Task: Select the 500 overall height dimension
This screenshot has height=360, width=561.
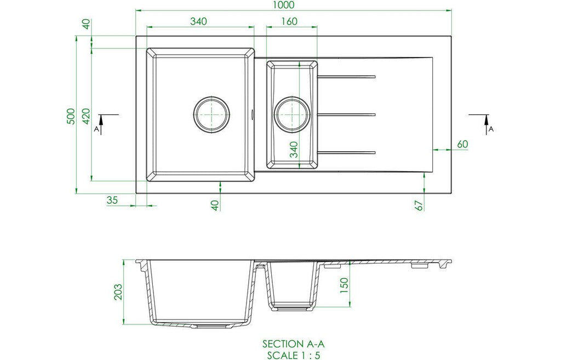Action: (x=71, y=116)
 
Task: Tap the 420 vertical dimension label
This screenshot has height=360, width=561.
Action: (x=86, y=116)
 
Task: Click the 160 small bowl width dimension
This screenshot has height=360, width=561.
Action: (x=289, y=21)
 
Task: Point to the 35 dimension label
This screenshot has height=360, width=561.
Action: (x=112, y=200)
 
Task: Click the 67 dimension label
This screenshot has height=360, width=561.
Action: (x=419, y=205)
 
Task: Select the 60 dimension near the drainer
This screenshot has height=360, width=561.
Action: (x=462, y=144)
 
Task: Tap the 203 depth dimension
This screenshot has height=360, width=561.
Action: (x=118, y=292)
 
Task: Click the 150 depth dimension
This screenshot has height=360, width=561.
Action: (x=344, y=285)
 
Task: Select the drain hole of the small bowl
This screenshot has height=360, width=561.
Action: (x=292, y=115)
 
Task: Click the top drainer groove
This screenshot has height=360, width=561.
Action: (x=346, y=77)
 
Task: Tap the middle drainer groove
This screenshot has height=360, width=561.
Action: (x=346, y=115)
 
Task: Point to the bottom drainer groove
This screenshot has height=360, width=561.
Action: (x=346, y=153)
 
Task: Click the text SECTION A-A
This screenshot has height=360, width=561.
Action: (x=294, y=344)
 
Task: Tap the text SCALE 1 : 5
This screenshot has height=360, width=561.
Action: (x=294, y=356)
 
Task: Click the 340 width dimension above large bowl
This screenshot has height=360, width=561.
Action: (x=198, y=21)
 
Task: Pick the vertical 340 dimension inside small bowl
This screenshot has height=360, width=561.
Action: (x=294, y=149)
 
